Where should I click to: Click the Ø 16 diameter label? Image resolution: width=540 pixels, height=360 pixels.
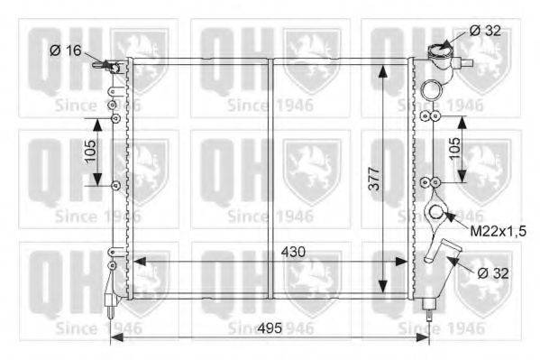pos(66,51)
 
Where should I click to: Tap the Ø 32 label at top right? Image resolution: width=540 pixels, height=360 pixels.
pos(485,31)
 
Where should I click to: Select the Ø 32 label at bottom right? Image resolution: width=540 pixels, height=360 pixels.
pos(493,273)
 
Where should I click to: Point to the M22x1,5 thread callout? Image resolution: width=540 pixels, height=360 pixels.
pos(498,231)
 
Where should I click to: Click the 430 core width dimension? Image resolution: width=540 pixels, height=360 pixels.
pos(293,252)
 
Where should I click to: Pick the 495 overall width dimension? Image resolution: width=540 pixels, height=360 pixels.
pos(270,328)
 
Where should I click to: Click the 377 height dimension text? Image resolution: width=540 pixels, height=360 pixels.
pos(374,179)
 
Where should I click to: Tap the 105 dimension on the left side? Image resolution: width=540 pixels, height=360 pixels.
pos(90,151)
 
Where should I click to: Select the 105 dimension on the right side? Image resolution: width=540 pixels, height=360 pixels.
pos(454,148)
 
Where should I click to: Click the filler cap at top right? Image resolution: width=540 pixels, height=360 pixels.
pos(438,52)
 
